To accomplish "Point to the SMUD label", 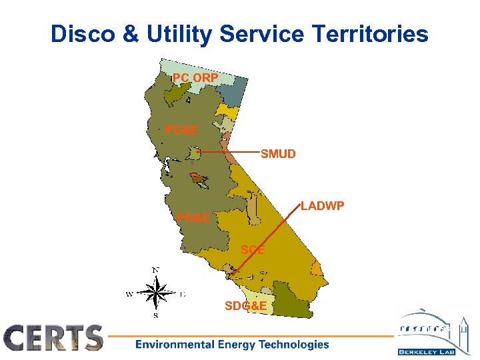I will tap(278, 154).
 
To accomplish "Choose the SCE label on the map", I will tap(253, 250).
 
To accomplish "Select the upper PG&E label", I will tap(181, 130).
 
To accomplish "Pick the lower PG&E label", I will tap(193, 217).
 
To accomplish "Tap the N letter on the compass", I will tap(155, 269).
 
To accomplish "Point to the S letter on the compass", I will tap(155, 315).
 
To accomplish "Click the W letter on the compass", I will tap(129, 293).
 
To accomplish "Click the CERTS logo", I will tap(54, 338).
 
